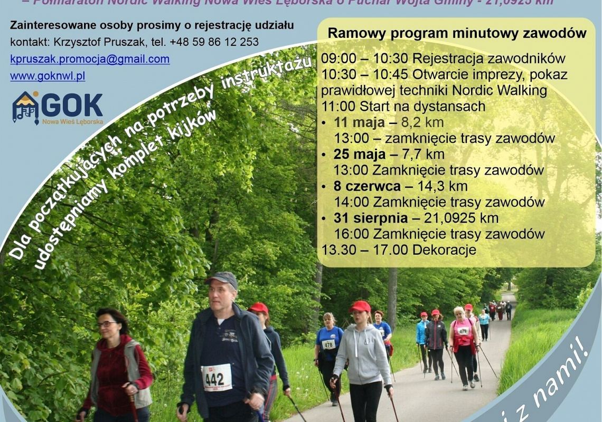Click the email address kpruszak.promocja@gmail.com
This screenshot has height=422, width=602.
point(90,59)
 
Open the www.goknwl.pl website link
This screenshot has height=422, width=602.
point(48,76)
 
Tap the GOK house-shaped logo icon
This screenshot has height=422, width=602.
point(25,107)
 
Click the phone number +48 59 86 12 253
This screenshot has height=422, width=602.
point(214,42)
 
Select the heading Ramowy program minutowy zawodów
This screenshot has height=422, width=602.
point(457,33)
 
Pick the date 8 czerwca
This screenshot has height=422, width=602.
point(366,186)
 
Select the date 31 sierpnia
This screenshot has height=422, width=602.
point(371,218)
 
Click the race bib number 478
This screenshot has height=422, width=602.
point(328,344)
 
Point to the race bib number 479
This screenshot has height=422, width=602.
point(463,331)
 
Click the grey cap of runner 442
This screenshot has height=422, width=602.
point(222,278)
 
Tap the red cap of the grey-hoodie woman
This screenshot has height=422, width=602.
point(361,306)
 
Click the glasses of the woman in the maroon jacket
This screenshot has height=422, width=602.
point(106,324)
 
